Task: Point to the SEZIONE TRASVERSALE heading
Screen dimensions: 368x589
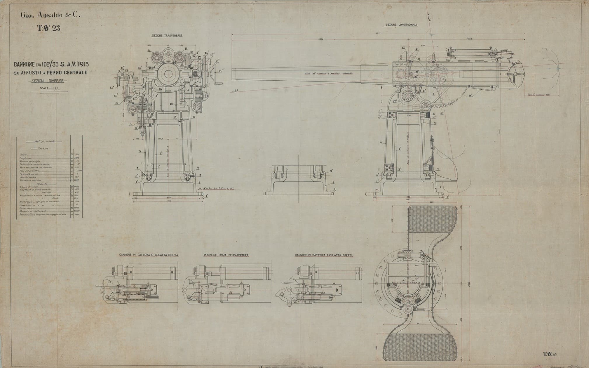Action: point(167,35)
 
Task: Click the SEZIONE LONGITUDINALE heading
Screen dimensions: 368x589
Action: point(401,25)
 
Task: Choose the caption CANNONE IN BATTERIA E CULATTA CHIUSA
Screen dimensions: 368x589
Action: point(149,255)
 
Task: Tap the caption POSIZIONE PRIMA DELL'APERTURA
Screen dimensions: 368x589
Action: point(226,255)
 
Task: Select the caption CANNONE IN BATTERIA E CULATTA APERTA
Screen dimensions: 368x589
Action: point(324,255)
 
